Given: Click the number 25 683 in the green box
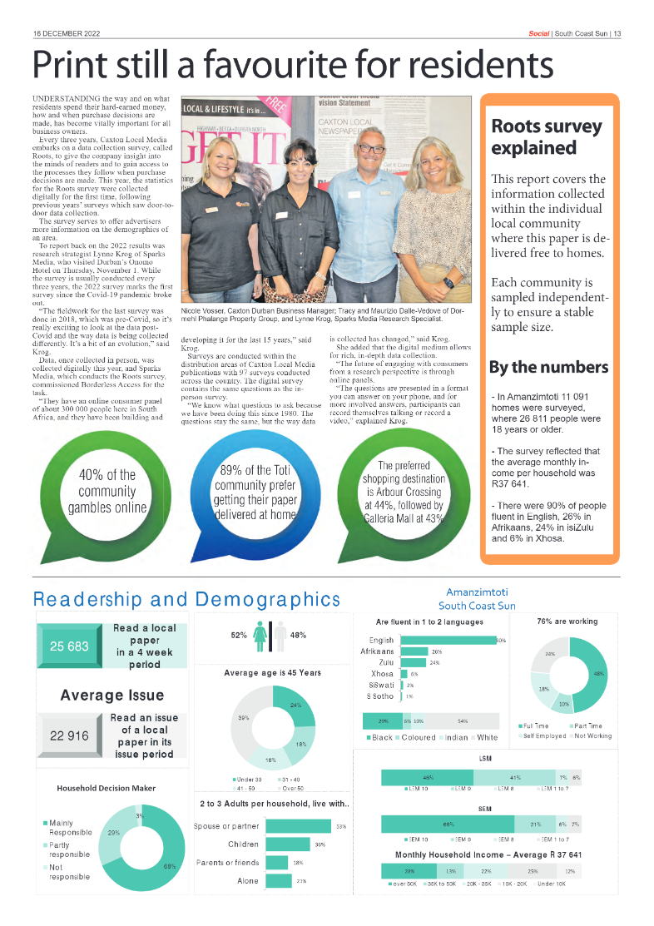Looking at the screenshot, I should (x=69, y=646).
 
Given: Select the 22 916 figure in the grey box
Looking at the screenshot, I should (x=69, y=735).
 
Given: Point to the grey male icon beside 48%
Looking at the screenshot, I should (x=280, y=635).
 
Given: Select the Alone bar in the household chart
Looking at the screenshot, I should (x=278, y=880).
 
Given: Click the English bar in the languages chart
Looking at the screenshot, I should (x=448, y=640).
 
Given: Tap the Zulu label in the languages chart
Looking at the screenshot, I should (x=385, y=662).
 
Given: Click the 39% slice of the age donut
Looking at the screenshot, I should (x=246, y=721).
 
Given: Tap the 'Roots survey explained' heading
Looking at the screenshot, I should (x=546, y=137).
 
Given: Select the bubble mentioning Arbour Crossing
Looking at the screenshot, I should (x=403, y=491).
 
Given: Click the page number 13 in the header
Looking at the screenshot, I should (x=617, y=33).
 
